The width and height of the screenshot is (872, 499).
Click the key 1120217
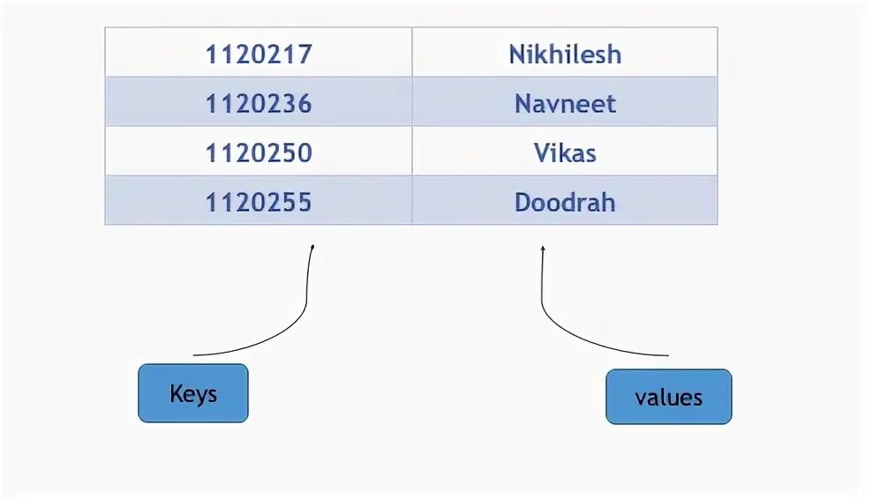(x=259, y=55)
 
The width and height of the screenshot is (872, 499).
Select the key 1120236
(x=259, y=104)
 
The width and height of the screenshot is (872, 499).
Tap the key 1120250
(x=259, y=153)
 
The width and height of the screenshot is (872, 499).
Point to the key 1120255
(x=259, y=203)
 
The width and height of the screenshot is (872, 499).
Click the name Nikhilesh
(x=565, y=55)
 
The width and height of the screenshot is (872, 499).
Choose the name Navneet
(x=565, y=104)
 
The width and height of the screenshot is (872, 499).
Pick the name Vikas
(x=565, y=153)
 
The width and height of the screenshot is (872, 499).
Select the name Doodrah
(x=565, y=203)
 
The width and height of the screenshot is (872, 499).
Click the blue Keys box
(x=193, y=392)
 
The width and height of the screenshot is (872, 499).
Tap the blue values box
(x=668, y=397)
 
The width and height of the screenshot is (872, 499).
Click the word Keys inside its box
(x=193, y=393)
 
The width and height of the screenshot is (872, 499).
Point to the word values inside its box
(x=668, y=398)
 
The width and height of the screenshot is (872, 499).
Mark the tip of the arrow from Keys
(x=312, y=247)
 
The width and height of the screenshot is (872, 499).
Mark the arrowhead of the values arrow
(x=543, y=249)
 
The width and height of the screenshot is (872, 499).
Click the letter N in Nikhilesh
(x=517, y=55)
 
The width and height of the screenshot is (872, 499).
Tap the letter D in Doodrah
(x=522, y=203)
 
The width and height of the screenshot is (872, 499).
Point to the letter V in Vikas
(x=540, y=153)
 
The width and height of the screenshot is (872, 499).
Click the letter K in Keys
(x=175, y=392)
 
